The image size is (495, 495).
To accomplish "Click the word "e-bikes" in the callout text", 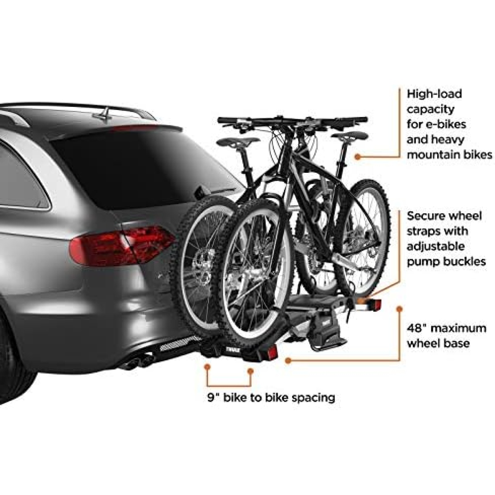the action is [444, 125].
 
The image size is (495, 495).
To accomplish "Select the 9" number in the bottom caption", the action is [212, 404].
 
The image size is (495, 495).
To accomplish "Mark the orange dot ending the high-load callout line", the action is [357, 157].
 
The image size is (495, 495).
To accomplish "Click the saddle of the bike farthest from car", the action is [350, 136].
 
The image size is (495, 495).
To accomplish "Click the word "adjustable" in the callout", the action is [436, 246].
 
